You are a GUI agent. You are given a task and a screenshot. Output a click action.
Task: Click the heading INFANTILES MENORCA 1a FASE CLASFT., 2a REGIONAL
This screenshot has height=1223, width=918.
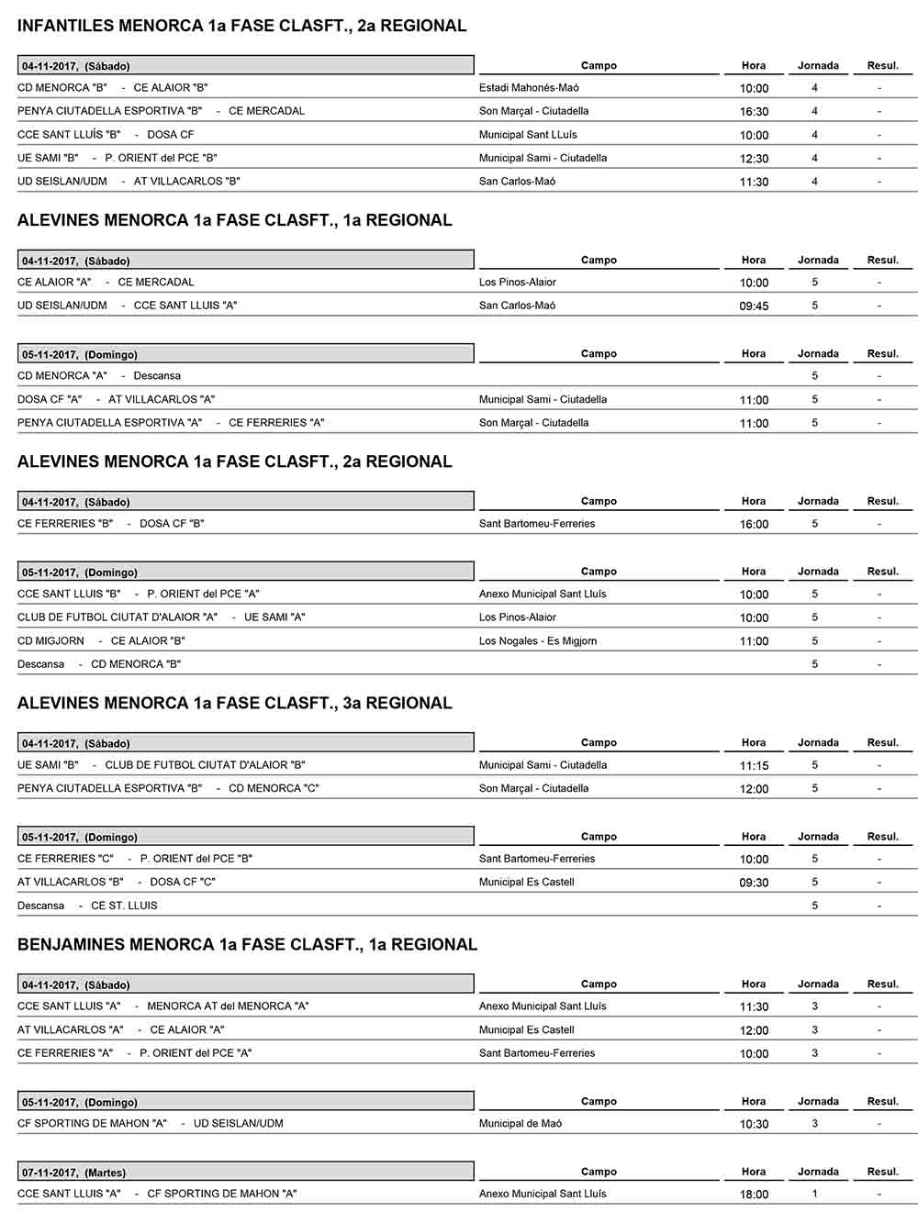(241, 26)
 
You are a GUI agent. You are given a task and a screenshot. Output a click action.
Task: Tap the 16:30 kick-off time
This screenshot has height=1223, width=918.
(754, 112)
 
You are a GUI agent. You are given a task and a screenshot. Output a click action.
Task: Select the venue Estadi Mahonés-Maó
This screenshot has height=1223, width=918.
(529, 88)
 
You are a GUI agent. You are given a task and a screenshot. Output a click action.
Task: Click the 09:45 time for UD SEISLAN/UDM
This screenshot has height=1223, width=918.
(754, 306)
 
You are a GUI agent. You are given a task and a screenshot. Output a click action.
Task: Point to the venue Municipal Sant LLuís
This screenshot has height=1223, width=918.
(528, 135)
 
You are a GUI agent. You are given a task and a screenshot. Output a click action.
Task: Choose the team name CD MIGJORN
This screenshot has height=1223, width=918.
(50, 641)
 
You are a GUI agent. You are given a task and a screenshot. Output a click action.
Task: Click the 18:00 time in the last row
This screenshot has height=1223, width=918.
(754, 1195)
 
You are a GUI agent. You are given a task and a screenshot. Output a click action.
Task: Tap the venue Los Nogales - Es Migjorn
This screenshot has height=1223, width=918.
(538, 641)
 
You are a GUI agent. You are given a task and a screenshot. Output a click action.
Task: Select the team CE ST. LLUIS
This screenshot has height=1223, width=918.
(124, 906)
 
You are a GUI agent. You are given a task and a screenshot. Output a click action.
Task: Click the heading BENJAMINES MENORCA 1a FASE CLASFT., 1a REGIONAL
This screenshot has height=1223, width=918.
(247, 944)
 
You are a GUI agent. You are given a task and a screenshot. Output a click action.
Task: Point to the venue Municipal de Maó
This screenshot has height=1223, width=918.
(521, 1124)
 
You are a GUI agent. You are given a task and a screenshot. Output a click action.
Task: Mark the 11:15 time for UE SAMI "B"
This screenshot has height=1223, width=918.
(754, 766)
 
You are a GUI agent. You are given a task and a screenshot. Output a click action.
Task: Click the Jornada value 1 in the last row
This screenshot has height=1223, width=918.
(814, 1194)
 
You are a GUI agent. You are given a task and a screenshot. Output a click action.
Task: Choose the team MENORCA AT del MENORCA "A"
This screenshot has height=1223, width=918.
(228, 1006)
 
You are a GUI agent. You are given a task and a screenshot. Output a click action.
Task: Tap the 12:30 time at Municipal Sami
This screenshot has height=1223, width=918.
(754, 159)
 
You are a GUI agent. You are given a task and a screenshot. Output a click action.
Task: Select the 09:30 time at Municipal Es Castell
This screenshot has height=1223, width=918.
(754, 883)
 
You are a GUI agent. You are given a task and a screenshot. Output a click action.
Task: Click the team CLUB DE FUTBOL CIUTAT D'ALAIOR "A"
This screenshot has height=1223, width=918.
(118, 617)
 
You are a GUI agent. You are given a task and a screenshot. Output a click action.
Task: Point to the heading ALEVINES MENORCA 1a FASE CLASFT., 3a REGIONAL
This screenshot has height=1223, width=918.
(234, 703)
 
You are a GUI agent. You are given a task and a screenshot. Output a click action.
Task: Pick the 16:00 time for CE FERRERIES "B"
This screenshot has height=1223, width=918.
(754, 525)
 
